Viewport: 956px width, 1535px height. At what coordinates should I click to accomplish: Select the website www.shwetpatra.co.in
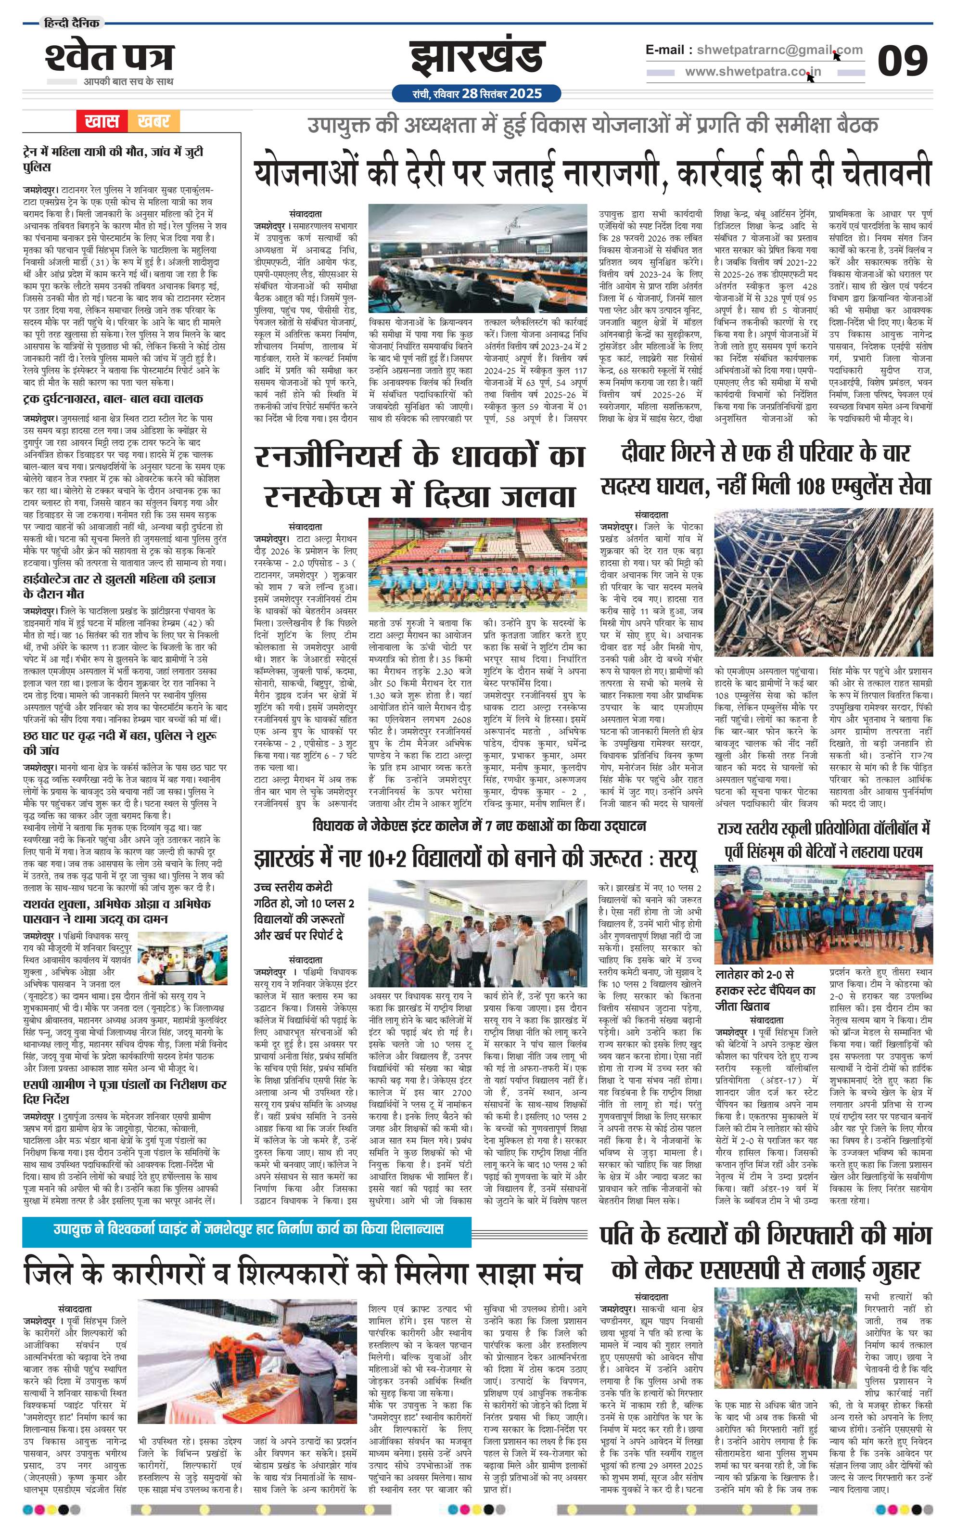point(753,72)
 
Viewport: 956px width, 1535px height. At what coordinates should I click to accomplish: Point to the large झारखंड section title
point(476,58)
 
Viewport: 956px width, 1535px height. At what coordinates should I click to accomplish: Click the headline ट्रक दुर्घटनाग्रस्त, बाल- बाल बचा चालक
point(113,399)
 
